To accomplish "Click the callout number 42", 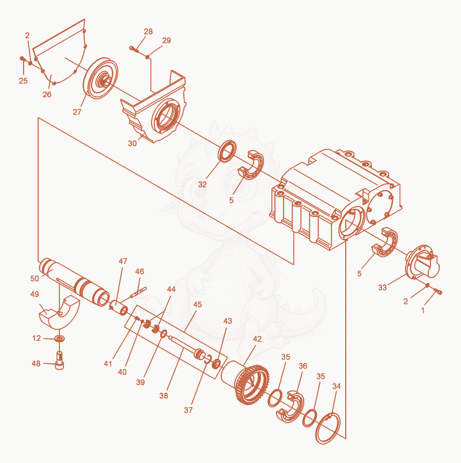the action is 257,339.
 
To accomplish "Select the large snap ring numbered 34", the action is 328,429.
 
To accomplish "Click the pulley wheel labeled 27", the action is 100,78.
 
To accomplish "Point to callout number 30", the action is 132,143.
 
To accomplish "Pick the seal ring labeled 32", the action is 227,151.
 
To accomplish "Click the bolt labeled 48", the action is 60,361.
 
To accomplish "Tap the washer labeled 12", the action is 60,339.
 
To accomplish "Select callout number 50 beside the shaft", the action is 35,279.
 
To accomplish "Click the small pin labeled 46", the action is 138,292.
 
